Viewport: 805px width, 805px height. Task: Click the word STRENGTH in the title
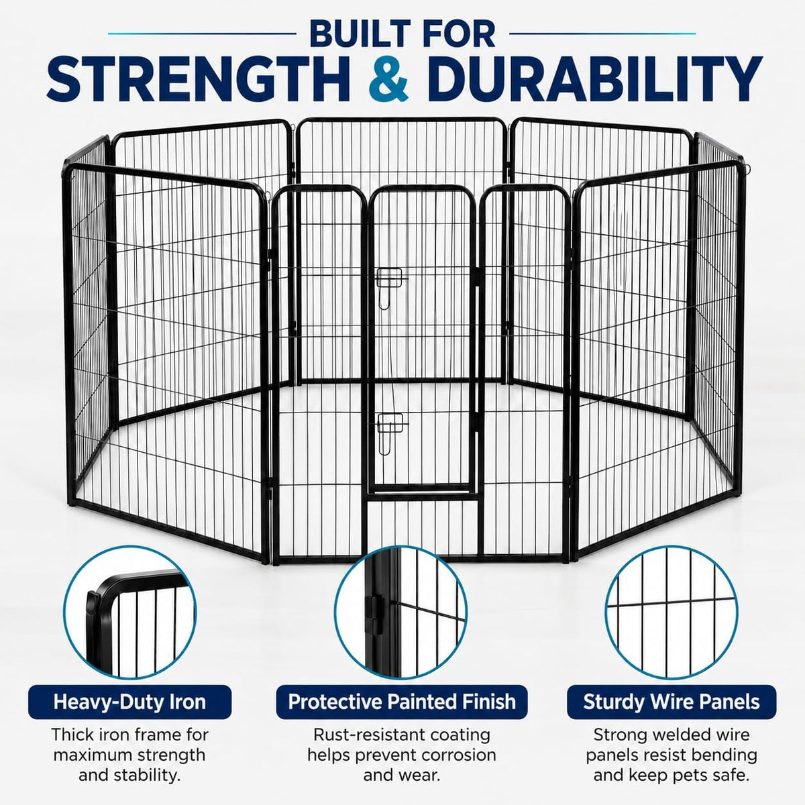[197, 79]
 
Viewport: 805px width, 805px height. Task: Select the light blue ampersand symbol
[388, 79]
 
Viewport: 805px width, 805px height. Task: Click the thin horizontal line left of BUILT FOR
[202, 34]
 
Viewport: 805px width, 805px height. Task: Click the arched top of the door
[421, 190]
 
